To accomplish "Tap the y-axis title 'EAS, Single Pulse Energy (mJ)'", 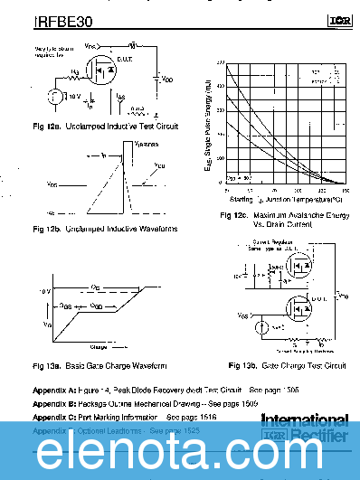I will click(207, 127).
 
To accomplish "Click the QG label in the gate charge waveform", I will click(95, 287).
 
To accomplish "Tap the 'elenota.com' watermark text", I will click(180, 446).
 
